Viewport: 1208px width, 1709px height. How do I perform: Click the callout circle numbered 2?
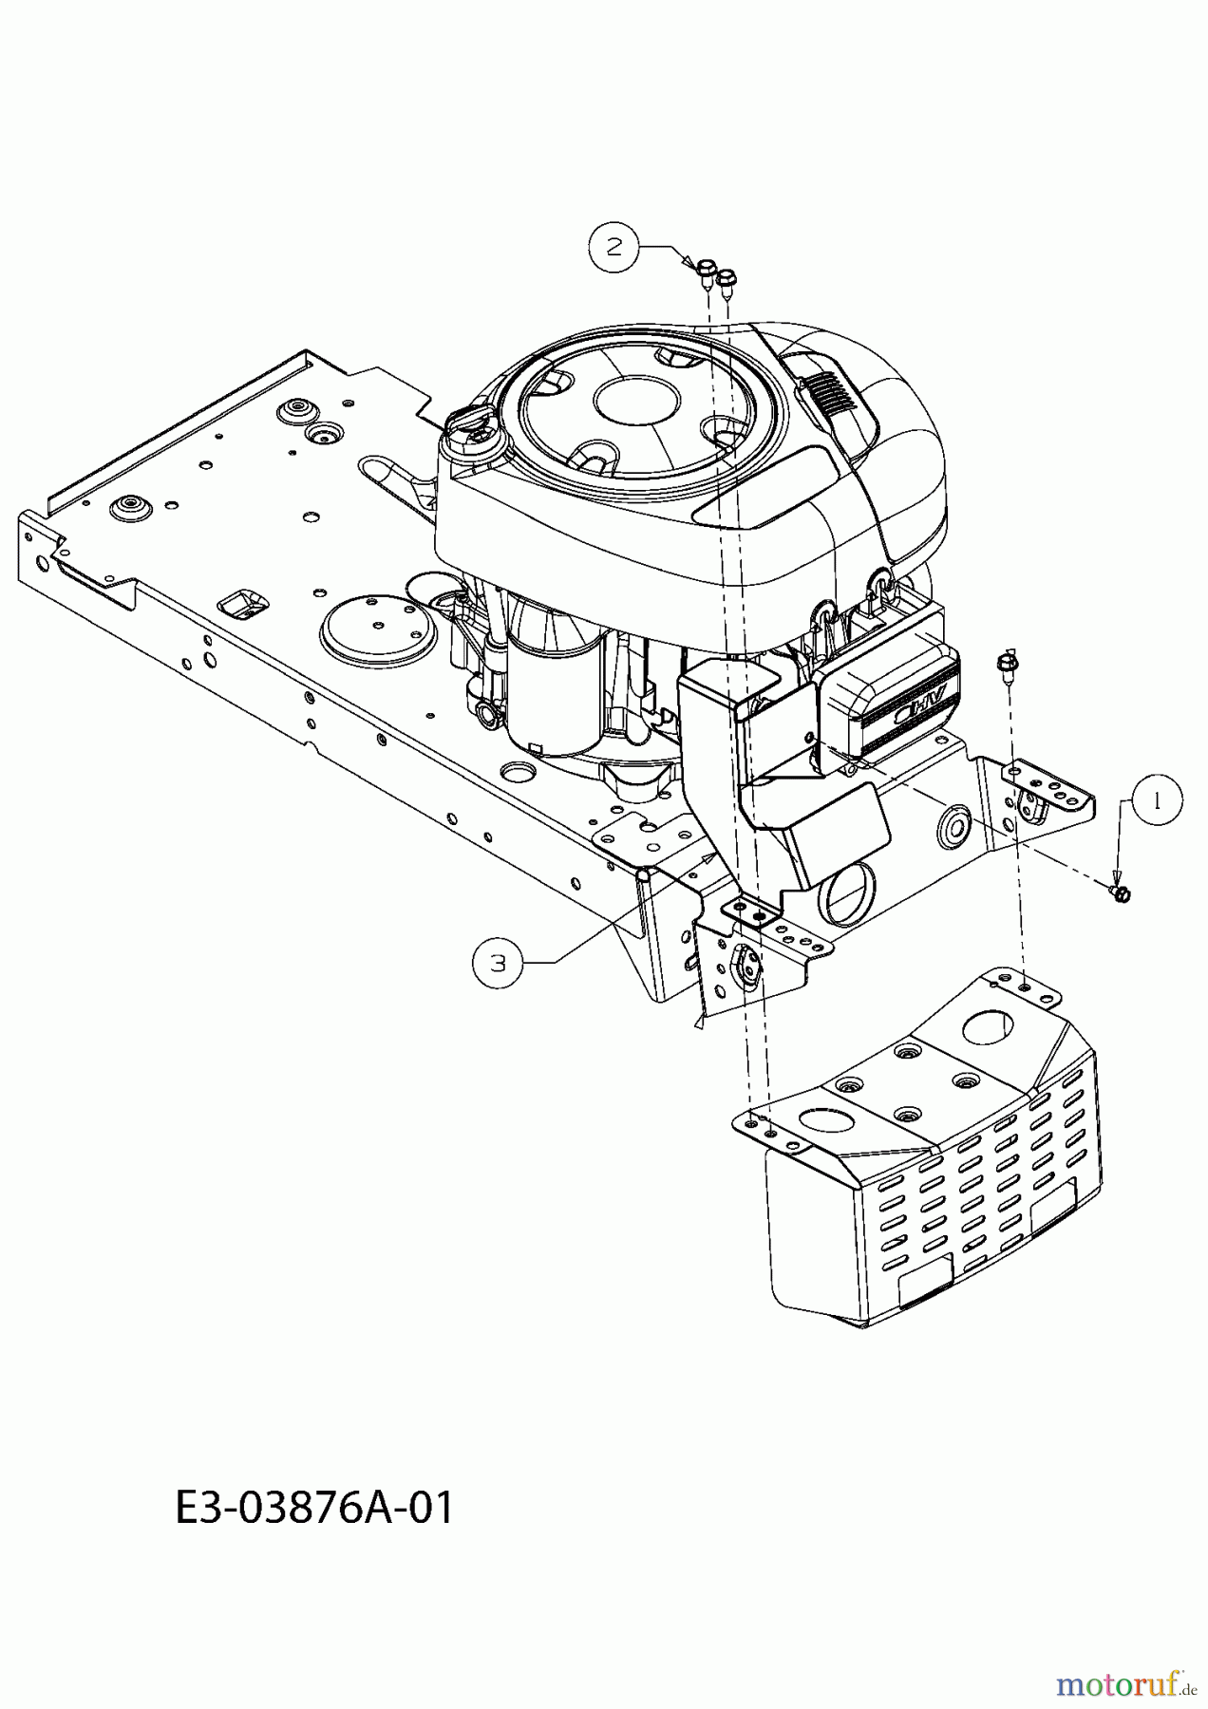pos(615,247)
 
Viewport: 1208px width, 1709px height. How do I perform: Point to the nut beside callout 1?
pos(1122,892)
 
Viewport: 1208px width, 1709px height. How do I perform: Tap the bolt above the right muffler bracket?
pos(1007,663)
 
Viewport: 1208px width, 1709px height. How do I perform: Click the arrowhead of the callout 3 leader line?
pos(713,856)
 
